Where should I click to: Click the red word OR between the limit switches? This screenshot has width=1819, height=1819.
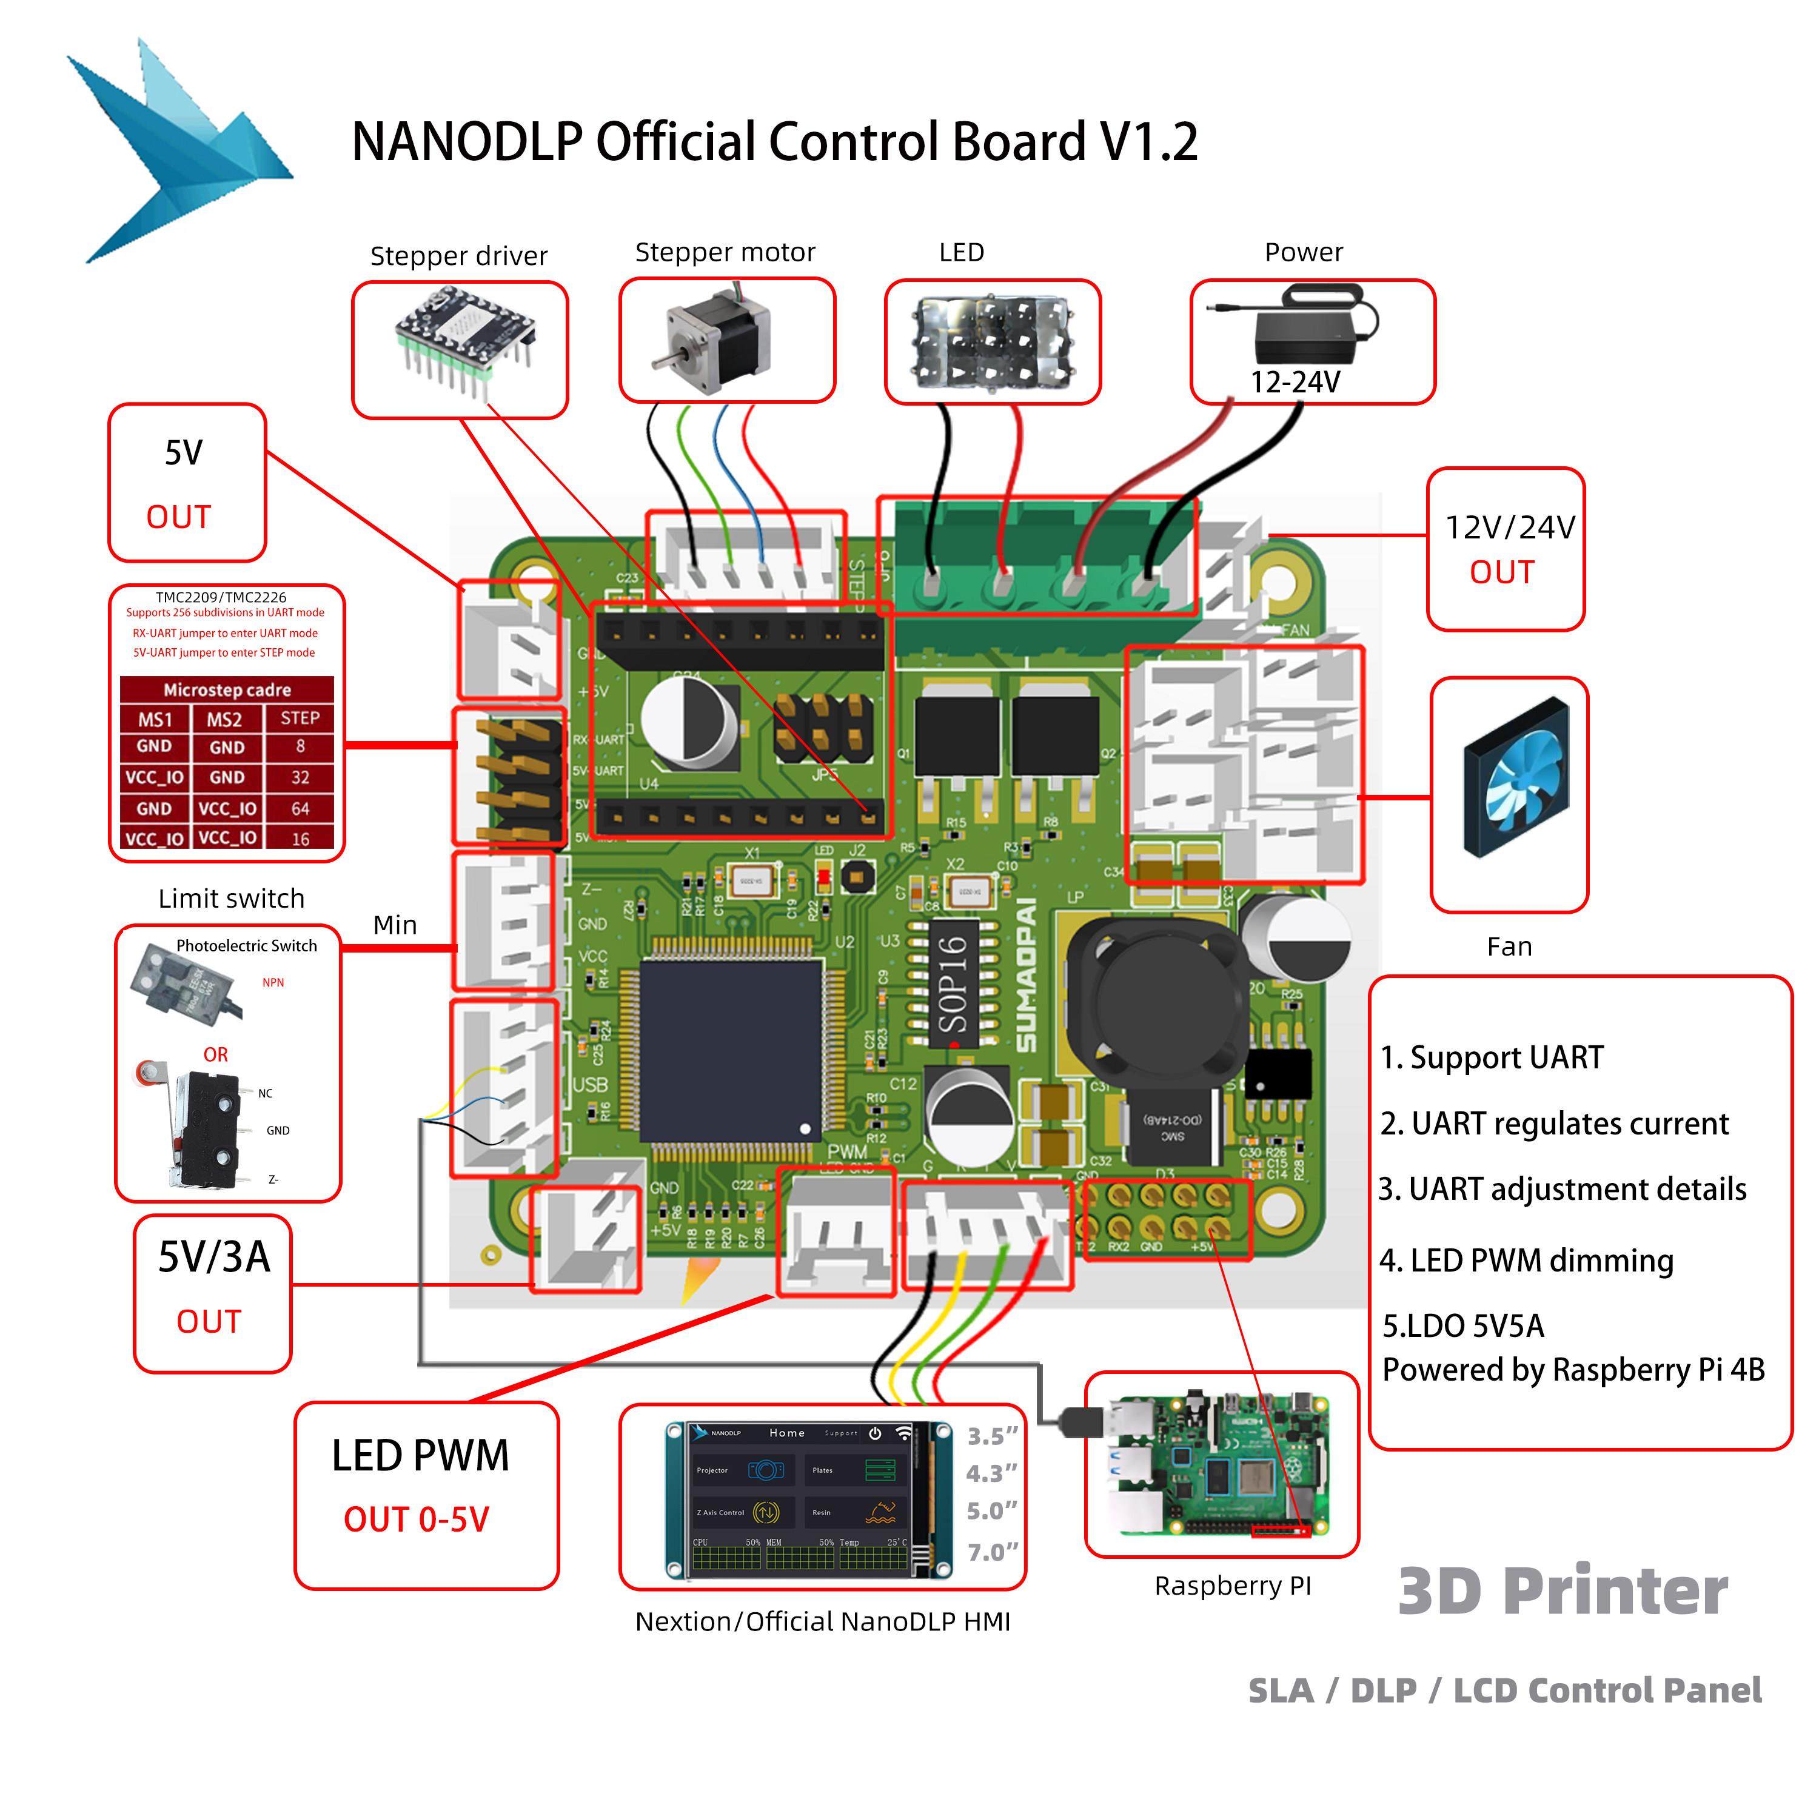click(x=216, y=1054)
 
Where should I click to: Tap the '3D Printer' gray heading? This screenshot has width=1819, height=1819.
click(x=1563, y=1591)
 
